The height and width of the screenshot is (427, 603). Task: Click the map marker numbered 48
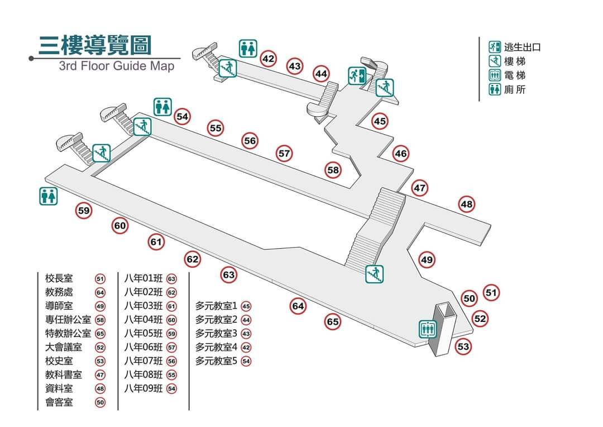coord(467,205)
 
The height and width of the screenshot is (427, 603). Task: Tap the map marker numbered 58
coord(333,170)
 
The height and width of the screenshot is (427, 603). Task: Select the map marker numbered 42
coord(269,59)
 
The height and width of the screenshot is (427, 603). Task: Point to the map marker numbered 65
coord(333,322)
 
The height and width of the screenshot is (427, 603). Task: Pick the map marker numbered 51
coord(491,292)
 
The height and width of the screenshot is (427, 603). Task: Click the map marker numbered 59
coord(84,211)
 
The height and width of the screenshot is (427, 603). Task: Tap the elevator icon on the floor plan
coord(428,329)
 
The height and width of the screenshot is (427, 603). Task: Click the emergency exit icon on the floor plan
coord(357,74)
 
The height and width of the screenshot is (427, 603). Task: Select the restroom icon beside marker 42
coord(248,48)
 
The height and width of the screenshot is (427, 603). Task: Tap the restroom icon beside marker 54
coord(162,106)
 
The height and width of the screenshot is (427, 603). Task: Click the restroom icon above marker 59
coord(47,196)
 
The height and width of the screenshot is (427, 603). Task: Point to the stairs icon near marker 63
coord(374,274)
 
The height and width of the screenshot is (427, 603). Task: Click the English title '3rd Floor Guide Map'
coord(117,66)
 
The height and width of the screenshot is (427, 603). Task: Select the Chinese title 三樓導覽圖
coord(95,46)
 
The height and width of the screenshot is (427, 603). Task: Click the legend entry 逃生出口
coord(522,48)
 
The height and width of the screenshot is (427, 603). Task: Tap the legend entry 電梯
coord(514,75)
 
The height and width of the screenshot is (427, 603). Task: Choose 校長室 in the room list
coord(59,279)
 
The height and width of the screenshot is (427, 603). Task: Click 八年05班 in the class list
coord(143,334)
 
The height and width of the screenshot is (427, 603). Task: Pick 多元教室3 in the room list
coord(216,334)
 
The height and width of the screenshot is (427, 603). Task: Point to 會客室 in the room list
coord(59,402)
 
